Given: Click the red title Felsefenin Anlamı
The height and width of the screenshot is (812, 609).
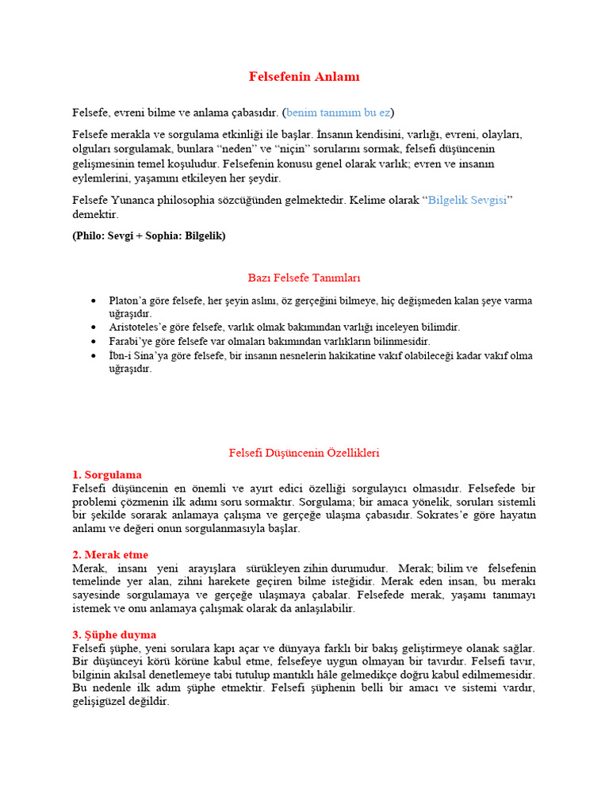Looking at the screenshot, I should [304, 77].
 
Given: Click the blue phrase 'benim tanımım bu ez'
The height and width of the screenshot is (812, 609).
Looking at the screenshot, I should [338, 112].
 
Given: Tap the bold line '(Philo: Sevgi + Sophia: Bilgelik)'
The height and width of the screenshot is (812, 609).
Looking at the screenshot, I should [149, 236].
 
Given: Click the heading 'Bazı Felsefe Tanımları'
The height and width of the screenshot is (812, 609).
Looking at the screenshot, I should [304, 278].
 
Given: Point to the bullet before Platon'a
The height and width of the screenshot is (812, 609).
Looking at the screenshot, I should [94, 301].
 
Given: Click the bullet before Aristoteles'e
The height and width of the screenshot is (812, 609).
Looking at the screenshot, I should [94, 327].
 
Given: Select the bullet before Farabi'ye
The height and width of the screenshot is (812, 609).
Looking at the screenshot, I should [94, 340].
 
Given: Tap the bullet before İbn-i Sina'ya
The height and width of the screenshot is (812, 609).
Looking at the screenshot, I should [94, 354].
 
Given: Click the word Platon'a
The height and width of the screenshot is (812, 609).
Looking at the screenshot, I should [128, 301].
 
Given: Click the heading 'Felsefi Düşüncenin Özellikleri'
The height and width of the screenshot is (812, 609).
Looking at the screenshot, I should [304, 453].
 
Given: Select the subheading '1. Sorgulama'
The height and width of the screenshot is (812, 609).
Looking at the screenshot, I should [107, 475].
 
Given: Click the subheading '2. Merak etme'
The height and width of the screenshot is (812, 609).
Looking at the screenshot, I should [110, 555].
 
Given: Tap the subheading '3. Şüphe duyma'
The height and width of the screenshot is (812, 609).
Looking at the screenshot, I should [114, 635].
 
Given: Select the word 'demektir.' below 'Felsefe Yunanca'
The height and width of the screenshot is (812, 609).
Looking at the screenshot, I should [95, 214].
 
